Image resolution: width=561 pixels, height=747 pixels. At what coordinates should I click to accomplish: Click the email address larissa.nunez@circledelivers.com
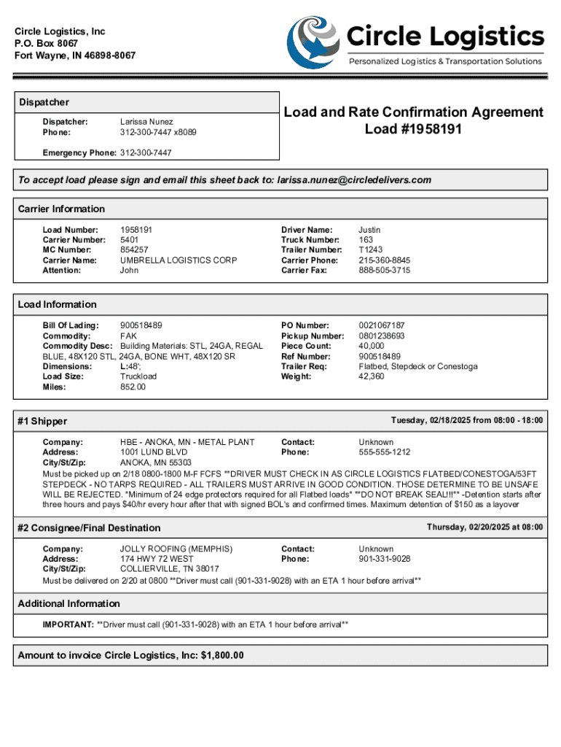pos(354,180)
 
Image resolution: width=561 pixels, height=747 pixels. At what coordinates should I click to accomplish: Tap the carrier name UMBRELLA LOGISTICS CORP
pos(178,260)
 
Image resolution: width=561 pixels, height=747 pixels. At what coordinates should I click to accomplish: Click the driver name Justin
pos(369,230)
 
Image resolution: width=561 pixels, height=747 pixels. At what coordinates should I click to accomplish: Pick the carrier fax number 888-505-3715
pos(384,271)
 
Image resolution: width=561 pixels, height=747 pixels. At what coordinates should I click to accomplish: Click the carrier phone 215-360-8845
pos(384,260)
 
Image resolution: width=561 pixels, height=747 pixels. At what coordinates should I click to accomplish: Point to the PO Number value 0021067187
pos(382,325)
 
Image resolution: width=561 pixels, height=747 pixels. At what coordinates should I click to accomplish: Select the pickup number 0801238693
pos(382,336)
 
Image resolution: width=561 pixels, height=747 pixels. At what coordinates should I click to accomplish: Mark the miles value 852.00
pos(133,387)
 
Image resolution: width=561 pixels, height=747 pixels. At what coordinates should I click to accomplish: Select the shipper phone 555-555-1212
pos(384,452)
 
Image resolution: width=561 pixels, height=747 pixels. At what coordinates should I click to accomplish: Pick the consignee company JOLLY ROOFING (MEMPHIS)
pos(176,549)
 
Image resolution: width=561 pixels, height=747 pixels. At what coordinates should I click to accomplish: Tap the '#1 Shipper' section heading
pos(42,422)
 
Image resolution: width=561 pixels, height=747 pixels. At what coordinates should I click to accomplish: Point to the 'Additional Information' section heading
pos(69,604)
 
